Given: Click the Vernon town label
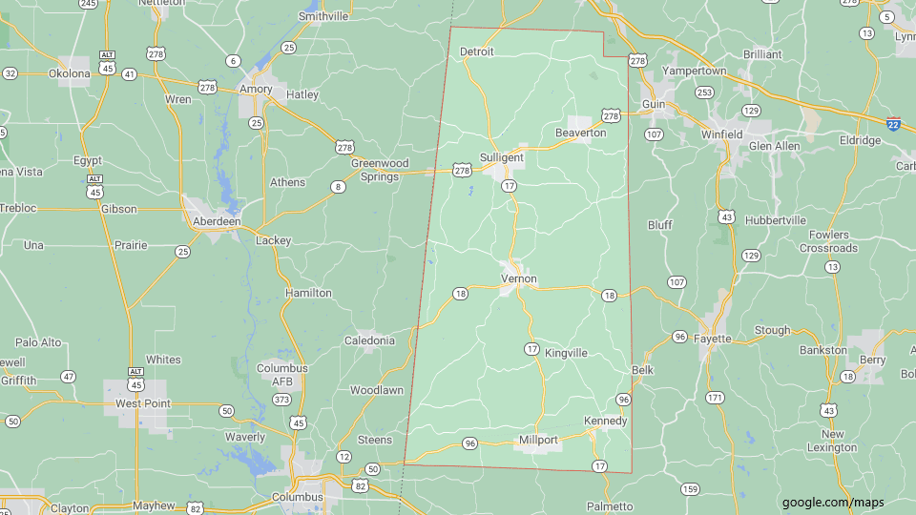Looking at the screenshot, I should tap(519, 279).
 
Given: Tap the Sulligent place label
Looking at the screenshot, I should tap(501, 157).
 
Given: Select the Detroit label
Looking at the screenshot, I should tap(477, 51).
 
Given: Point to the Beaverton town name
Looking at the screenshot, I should tap(580, 133).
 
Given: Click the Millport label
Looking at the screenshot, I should tap(538, 440).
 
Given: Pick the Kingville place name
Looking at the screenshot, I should tap(566, 353).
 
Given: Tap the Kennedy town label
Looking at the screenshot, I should tap(605, 421).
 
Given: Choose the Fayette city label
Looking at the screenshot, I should tap(713, 339).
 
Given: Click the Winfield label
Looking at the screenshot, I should tap(721, 134).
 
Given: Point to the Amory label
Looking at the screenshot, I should tap(256, 89).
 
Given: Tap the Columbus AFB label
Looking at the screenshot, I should tap(281, 375).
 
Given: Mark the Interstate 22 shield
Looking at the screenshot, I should tap(893, 124).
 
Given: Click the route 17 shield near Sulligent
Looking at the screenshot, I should tap(510, 185).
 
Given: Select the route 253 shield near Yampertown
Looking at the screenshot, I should tap(704, 93).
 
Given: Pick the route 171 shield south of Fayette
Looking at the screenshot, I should tap(715, 397).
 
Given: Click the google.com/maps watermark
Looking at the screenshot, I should tap(833, 503).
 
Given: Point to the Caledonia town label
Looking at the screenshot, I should tap(369, 340).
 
